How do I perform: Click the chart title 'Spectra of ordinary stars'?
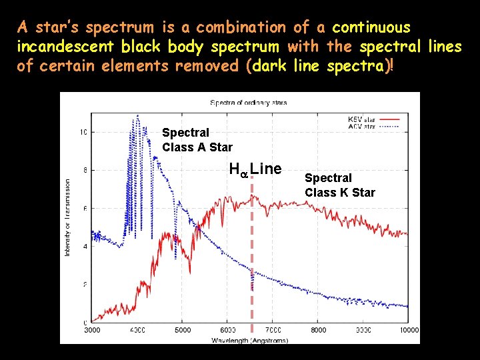[248, 103]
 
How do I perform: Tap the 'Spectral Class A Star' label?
[197, 140]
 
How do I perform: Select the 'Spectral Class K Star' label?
[340, 185]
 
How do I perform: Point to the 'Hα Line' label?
[255, 169]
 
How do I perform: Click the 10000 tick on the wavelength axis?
[409, 330]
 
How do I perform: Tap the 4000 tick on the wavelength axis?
[137, 330]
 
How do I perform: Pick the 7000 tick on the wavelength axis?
[273, 330]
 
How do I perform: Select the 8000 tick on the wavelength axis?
[319, 330]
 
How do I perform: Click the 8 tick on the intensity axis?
[84, 170]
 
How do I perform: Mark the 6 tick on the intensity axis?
[84, 209]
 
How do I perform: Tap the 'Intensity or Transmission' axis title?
[68, 217]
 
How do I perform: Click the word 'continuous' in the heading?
[371, 28]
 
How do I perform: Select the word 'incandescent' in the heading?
[66, 47]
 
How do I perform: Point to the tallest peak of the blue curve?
[137, 116]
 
